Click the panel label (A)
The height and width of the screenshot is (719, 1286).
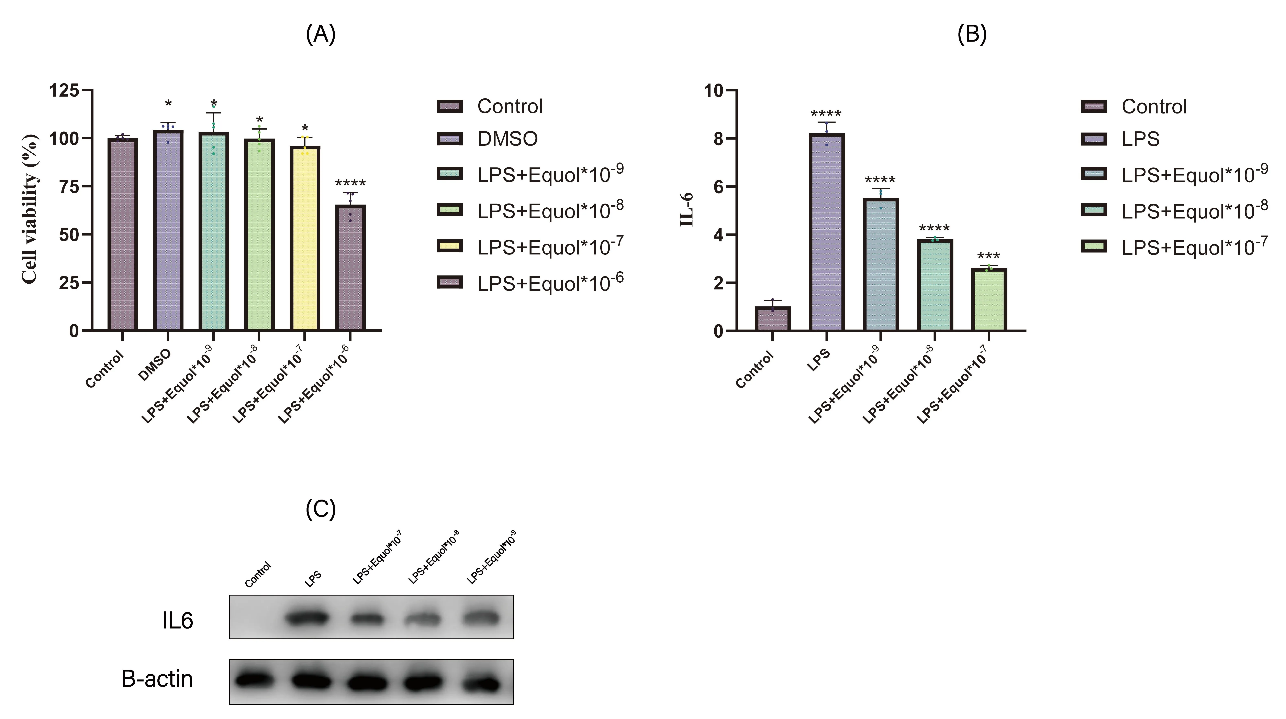pos(321,34)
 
